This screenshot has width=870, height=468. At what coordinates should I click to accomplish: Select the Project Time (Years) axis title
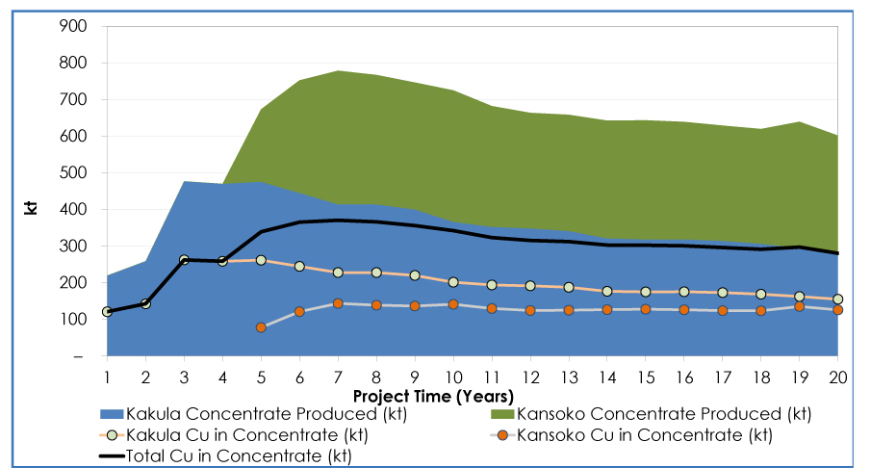point(433,396)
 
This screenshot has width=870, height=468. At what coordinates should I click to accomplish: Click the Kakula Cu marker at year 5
point(261,260)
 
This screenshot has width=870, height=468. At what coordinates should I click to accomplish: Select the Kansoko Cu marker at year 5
point(261,327)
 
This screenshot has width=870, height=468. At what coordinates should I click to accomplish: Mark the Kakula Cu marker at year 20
point(837,299)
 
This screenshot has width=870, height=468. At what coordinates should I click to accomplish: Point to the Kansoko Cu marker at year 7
point(338,303)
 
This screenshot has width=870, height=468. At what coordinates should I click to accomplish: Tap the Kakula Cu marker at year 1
point(107,312)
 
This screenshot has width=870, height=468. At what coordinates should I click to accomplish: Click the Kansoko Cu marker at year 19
point(799,306)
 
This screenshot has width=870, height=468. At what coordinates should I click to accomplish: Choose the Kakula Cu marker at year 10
point(453,282)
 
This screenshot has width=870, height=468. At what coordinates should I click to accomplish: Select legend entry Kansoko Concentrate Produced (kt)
point(664,414)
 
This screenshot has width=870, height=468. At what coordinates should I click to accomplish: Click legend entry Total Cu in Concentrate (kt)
point(231,455)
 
